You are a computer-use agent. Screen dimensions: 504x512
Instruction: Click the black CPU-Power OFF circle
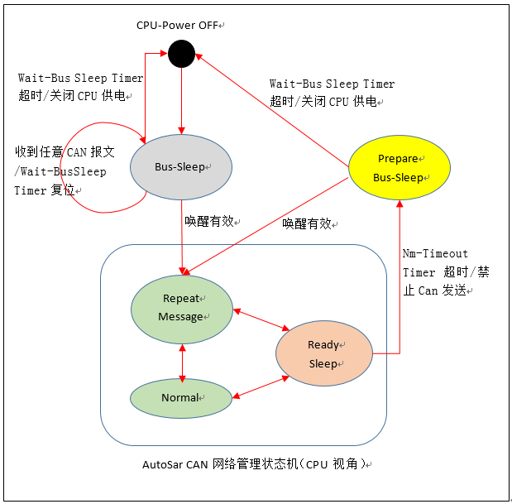pyautogui.click(x=181, y=55)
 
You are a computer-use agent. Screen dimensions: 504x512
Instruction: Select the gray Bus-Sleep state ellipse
pyautogui.click(x=181, y=166)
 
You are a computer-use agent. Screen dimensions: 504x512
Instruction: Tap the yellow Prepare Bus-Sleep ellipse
pyautogui.click(x=400, y=168)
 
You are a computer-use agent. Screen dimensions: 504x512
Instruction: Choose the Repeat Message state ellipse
pyautogui.click(x=182, y=308)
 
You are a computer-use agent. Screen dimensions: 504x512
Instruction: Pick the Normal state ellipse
pyautogui.click(x=181, y=398)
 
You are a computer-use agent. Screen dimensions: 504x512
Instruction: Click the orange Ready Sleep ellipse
pyautogui.click(x=323, y=353)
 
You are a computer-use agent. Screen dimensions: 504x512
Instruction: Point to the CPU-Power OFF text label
pyautogui.click(x=178, y=25)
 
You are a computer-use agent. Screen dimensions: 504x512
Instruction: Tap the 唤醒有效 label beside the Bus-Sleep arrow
pyautogui.click(x=209, y=221)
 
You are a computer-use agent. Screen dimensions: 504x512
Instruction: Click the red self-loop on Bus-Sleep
pyautogui.click(x=91, y=168)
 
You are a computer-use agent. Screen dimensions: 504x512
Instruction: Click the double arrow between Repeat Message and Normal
pyautogui.click(x=182, y=360)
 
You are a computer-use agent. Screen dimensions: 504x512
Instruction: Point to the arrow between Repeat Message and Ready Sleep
pyautogui.click(x=260, y=322)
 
